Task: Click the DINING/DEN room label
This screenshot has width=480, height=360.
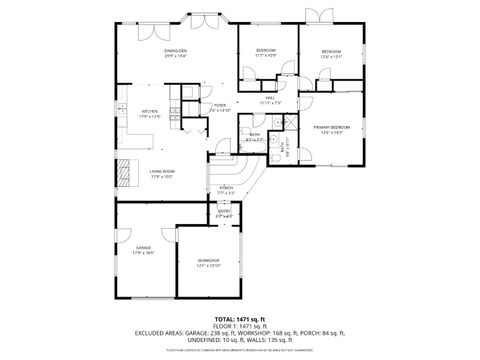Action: pyautogui.click(x=177, y=49)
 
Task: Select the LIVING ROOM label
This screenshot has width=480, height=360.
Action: pyautogui.click(x=164, y=172)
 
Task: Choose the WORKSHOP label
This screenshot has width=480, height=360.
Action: pyautogui.click(x=208, y=259)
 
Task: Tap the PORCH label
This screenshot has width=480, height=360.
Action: pyautogui.click(x=226, y=187)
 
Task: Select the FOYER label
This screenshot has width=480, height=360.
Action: pyautogui.click(x=220, y=104)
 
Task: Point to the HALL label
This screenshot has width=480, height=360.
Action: pyautogui.click(x=270, y=97)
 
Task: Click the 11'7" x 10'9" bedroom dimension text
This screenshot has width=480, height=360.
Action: pyautogui.click(x=265, y=55)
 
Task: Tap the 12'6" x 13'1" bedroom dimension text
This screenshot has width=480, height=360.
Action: pyautogui.click(x=331, y=56)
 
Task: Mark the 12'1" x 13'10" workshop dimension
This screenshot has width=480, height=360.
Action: pyautogui.click(x=208, y=265)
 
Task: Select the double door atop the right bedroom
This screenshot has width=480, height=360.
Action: pyautogui.click(x=325, y=16)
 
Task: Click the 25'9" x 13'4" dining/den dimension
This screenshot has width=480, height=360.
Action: pyautogui.click(x=177, y=55)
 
